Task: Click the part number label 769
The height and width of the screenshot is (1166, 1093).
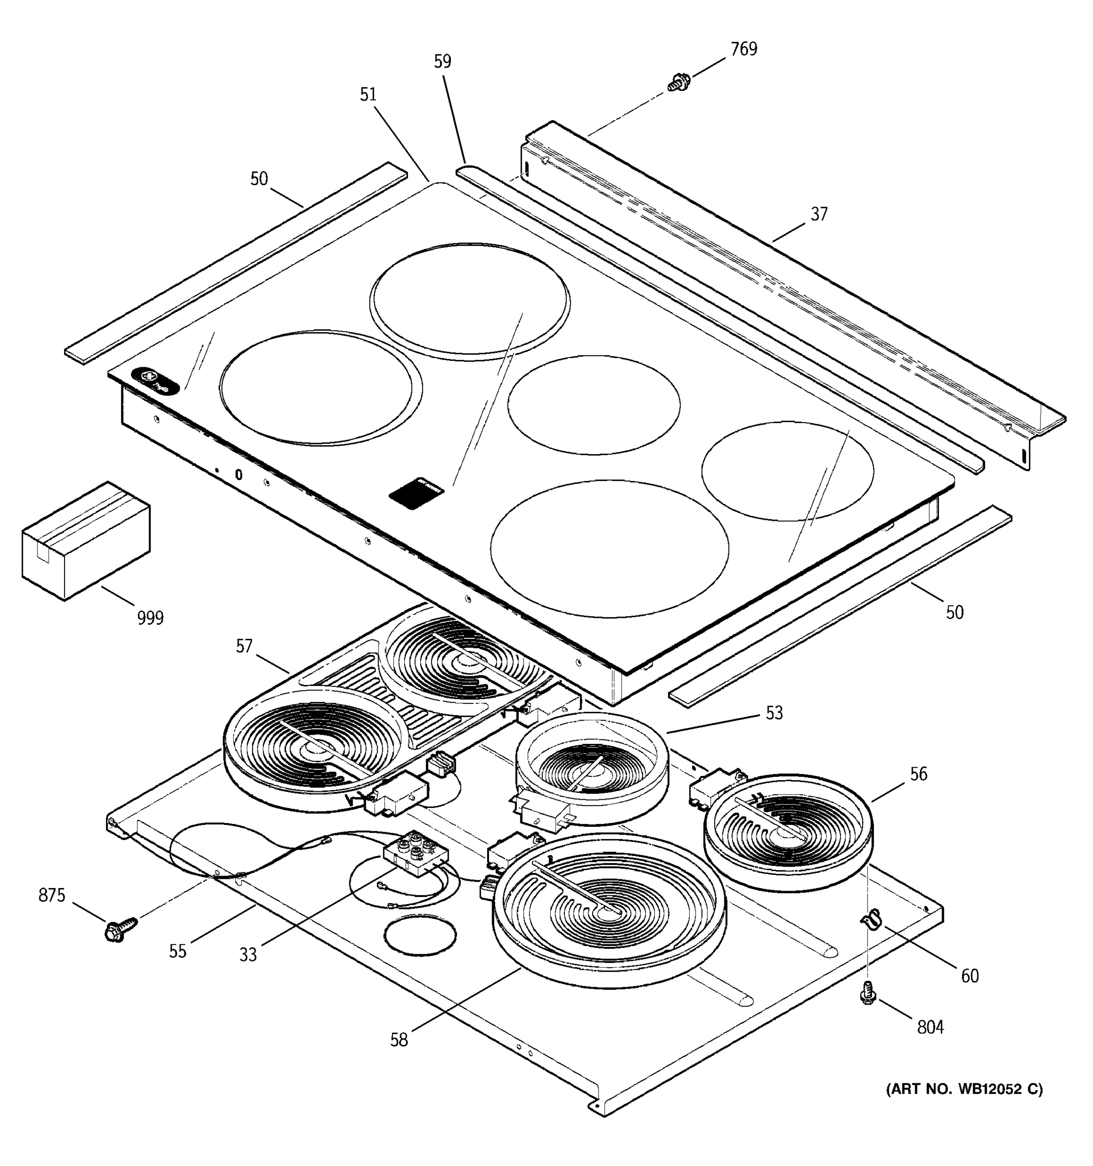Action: [x=744, y=49]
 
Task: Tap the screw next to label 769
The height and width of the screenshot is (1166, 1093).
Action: [x=679, y=82]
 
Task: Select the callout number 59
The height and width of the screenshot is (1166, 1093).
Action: [x=443, y=62]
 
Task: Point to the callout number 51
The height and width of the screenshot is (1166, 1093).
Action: [x=368, y=94]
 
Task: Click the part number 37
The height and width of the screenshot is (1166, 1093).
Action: [x=819, y=214]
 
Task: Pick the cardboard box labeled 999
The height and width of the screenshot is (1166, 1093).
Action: [x=85, y=540]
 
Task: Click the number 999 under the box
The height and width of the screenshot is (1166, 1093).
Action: [x=150, y=617]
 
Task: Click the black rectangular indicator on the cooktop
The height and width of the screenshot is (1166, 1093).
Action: [x=416, y=493]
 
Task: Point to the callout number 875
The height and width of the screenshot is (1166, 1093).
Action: [x=51, y=895]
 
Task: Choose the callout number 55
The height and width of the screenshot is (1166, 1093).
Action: [x=178, y=951]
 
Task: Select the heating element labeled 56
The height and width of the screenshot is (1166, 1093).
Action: [x=787, y=828]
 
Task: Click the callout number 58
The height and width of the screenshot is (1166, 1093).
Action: [x=399, y=1040]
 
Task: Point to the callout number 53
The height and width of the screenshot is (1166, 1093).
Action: [x=774, y=713]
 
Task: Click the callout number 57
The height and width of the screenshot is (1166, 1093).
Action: [x=244, y=646]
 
